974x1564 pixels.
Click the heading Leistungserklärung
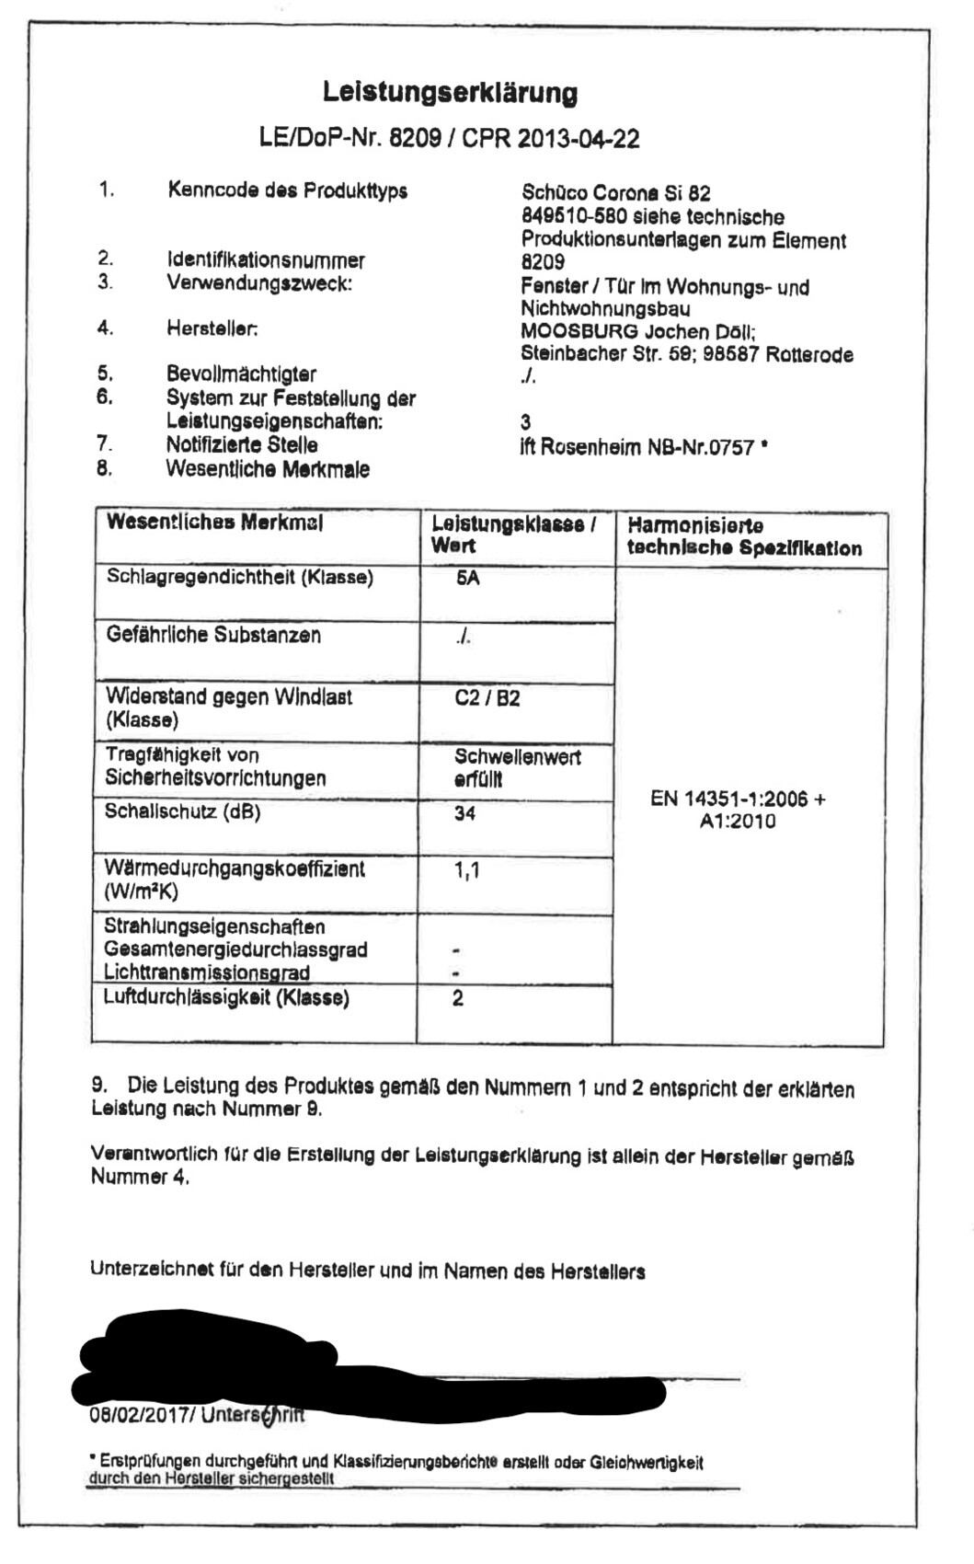[450, 93]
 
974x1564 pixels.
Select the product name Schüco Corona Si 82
[615, 193]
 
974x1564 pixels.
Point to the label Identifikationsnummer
[265, 260]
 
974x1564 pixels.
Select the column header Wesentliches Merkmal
[214, 523]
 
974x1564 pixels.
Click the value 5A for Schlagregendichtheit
[467, 580]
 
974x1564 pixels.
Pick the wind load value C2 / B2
[487, 698]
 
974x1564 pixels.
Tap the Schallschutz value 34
[464, 813]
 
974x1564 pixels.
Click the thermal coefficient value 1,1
[466, 870]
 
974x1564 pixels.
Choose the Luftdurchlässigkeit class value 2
[458, 998]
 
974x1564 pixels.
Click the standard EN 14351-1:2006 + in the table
[738, 799]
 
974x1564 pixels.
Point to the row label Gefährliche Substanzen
[213, 635]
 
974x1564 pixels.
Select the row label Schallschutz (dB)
[182, 811]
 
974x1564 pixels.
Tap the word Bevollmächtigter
[241, 374]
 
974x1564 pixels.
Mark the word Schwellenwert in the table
[517, 757]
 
